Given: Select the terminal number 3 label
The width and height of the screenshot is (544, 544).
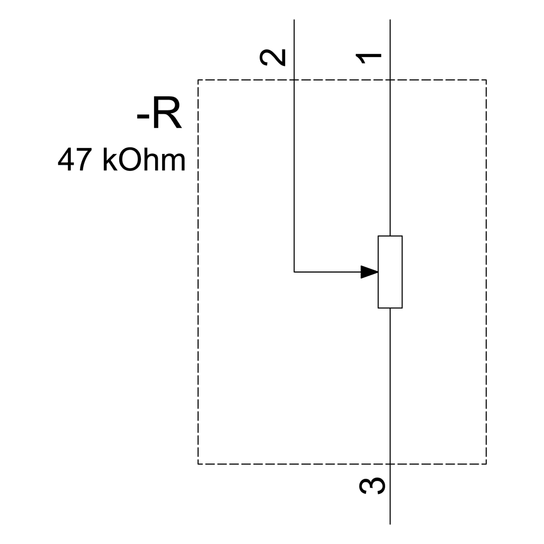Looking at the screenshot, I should (373, 485).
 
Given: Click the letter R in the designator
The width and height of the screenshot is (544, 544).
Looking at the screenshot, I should (166, 115).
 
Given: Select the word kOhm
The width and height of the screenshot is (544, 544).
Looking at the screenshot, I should (144, 161).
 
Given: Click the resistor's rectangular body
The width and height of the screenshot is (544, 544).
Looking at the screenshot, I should (390, 272).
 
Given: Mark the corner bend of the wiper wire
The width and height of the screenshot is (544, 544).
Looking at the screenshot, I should (294, 271).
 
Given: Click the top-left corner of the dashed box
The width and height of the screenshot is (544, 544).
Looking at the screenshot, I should (198, 80).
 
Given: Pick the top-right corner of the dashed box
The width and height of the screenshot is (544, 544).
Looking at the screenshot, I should (486, 80).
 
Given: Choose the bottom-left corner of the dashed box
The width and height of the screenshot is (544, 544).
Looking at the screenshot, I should (198, 464).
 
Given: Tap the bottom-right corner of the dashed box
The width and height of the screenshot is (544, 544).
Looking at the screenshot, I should (486, 464).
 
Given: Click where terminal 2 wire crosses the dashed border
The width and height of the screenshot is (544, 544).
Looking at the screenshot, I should (294, 80).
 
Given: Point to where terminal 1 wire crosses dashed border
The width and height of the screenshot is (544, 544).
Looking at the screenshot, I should (390, 80).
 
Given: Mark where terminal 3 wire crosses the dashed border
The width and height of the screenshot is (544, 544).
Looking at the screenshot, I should (390, 464).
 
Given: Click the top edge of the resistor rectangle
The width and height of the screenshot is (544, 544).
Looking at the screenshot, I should (390, 236).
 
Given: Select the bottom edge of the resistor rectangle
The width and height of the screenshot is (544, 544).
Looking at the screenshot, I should (390, 308).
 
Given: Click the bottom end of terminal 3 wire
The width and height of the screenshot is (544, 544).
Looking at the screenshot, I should (390, 523).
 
